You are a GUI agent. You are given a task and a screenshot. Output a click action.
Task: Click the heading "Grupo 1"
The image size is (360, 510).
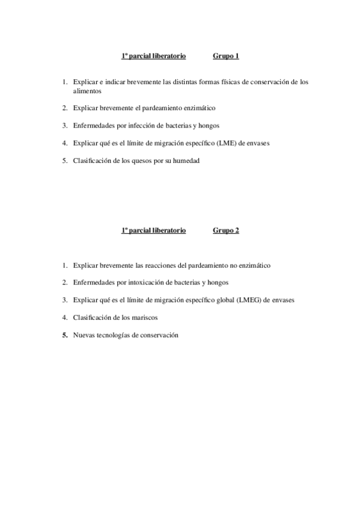point(226,57)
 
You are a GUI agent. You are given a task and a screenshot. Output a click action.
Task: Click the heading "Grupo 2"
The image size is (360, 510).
point(226,230)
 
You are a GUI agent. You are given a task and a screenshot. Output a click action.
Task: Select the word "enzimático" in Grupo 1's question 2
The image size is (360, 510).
point(198,108)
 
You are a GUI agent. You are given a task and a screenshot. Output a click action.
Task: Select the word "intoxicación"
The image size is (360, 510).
point(136,282)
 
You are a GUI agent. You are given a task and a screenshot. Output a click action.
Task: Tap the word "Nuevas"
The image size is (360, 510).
point(84,334)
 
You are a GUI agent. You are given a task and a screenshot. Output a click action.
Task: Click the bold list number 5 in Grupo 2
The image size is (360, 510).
point(64,334)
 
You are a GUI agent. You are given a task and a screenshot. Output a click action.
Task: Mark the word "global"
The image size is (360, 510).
point(225,300)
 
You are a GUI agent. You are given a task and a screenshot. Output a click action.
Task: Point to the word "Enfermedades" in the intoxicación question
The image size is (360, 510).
point(94,282)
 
